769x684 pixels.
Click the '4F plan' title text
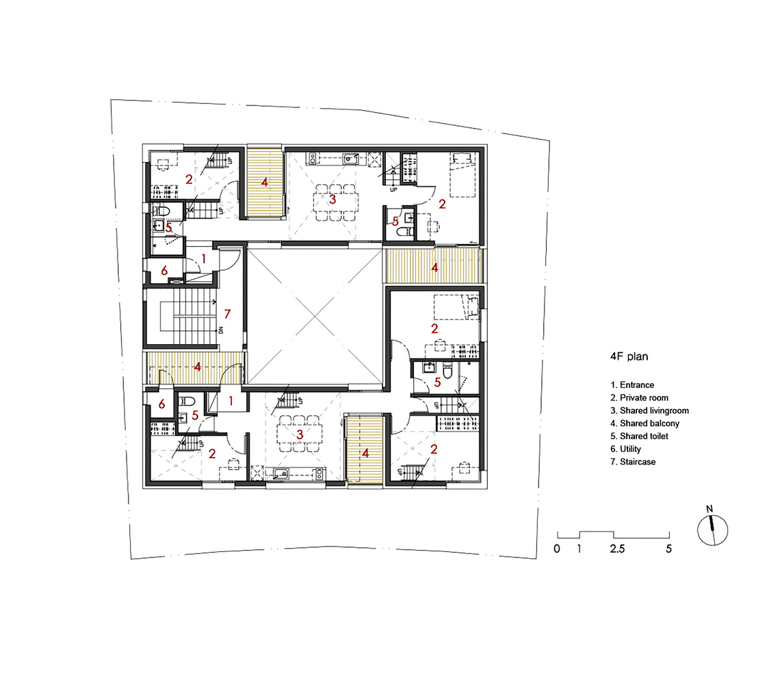coord(629,356)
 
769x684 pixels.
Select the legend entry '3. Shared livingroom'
coord(649,410)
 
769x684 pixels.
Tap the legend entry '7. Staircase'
coord(633,462)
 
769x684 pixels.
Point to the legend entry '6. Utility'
coord(625,449)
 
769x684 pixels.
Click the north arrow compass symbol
coord(712,529)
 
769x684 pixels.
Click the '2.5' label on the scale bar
coord(617,549)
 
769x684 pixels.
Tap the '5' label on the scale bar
coord(668,549)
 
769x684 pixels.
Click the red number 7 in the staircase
coord(226,314)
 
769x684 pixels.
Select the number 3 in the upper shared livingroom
coord(333,199)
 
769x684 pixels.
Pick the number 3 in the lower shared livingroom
coord(300,434)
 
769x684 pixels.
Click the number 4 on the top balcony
coord(264,183)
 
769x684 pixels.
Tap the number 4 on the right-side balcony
coord(434,267)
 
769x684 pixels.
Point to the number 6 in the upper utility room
coord(164,270)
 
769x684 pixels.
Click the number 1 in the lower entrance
coord(231,401)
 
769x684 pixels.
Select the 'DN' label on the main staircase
coord(221,330)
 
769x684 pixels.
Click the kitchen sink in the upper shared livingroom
coord(350,159)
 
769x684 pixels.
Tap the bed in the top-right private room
coord(463,174)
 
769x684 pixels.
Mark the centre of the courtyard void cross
coord(314,316)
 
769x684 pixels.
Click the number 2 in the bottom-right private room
coord(434,449)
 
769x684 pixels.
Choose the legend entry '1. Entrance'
coord(632,385)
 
